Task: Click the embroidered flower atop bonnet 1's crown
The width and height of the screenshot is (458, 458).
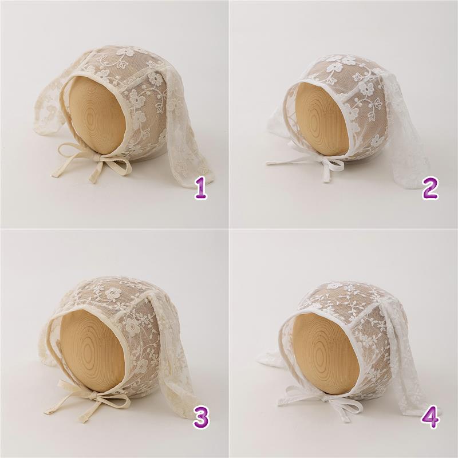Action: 124,52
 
